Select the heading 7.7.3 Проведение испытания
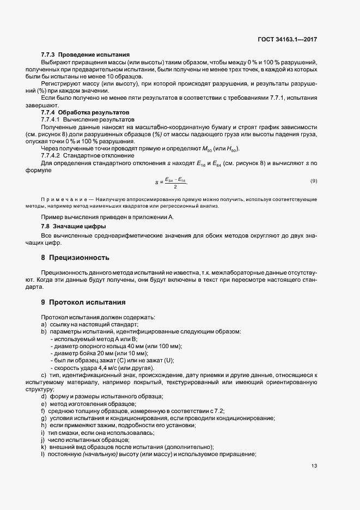[85, 54]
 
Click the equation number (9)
[314, 180]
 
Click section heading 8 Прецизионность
[75, 257]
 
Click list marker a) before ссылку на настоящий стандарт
[44, 324]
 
